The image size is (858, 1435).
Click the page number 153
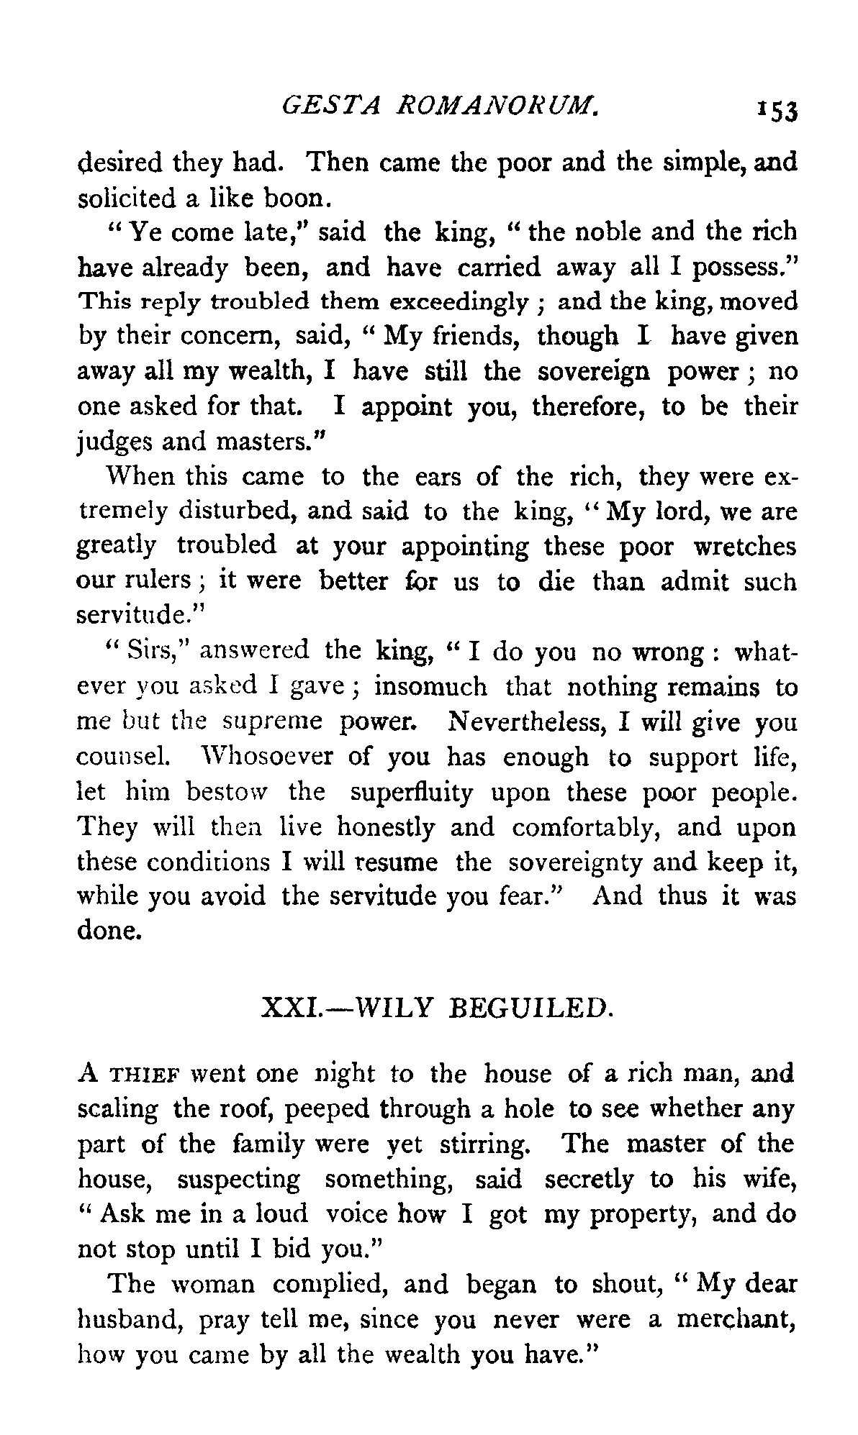(777, 111)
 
